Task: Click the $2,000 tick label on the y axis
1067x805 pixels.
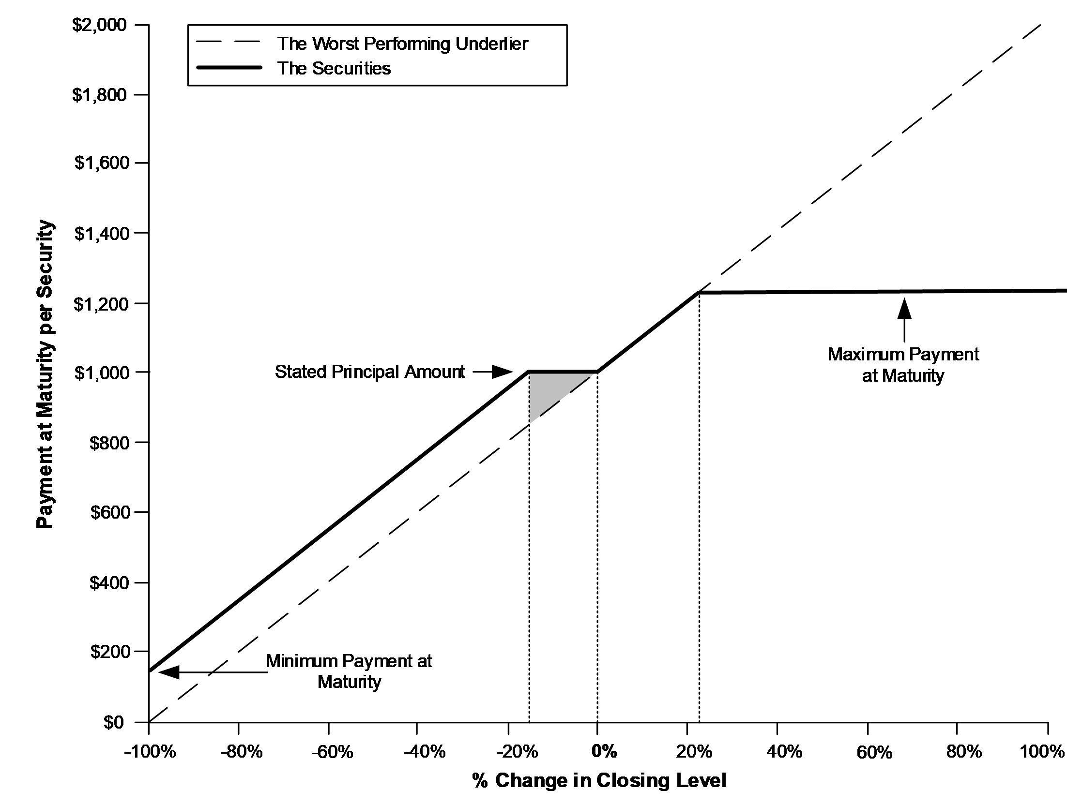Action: (100, 25)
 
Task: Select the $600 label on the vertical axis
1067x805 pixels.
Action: (109, 512)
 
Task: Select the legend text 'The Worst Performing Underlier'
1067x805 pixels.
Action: (402, 44)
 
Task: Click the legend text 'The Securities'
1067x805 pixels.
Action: (334, 68)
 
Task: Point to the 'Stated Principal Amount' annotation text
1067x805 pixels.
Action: (370, 372)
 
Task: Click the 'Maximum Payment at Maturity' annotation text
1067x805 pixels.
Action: (903, 365)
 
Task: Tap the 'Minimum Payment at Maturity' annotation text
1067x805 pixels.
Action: (349, 671)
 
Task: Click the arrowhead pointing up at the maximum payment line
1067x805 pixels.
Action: (904, 308)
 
